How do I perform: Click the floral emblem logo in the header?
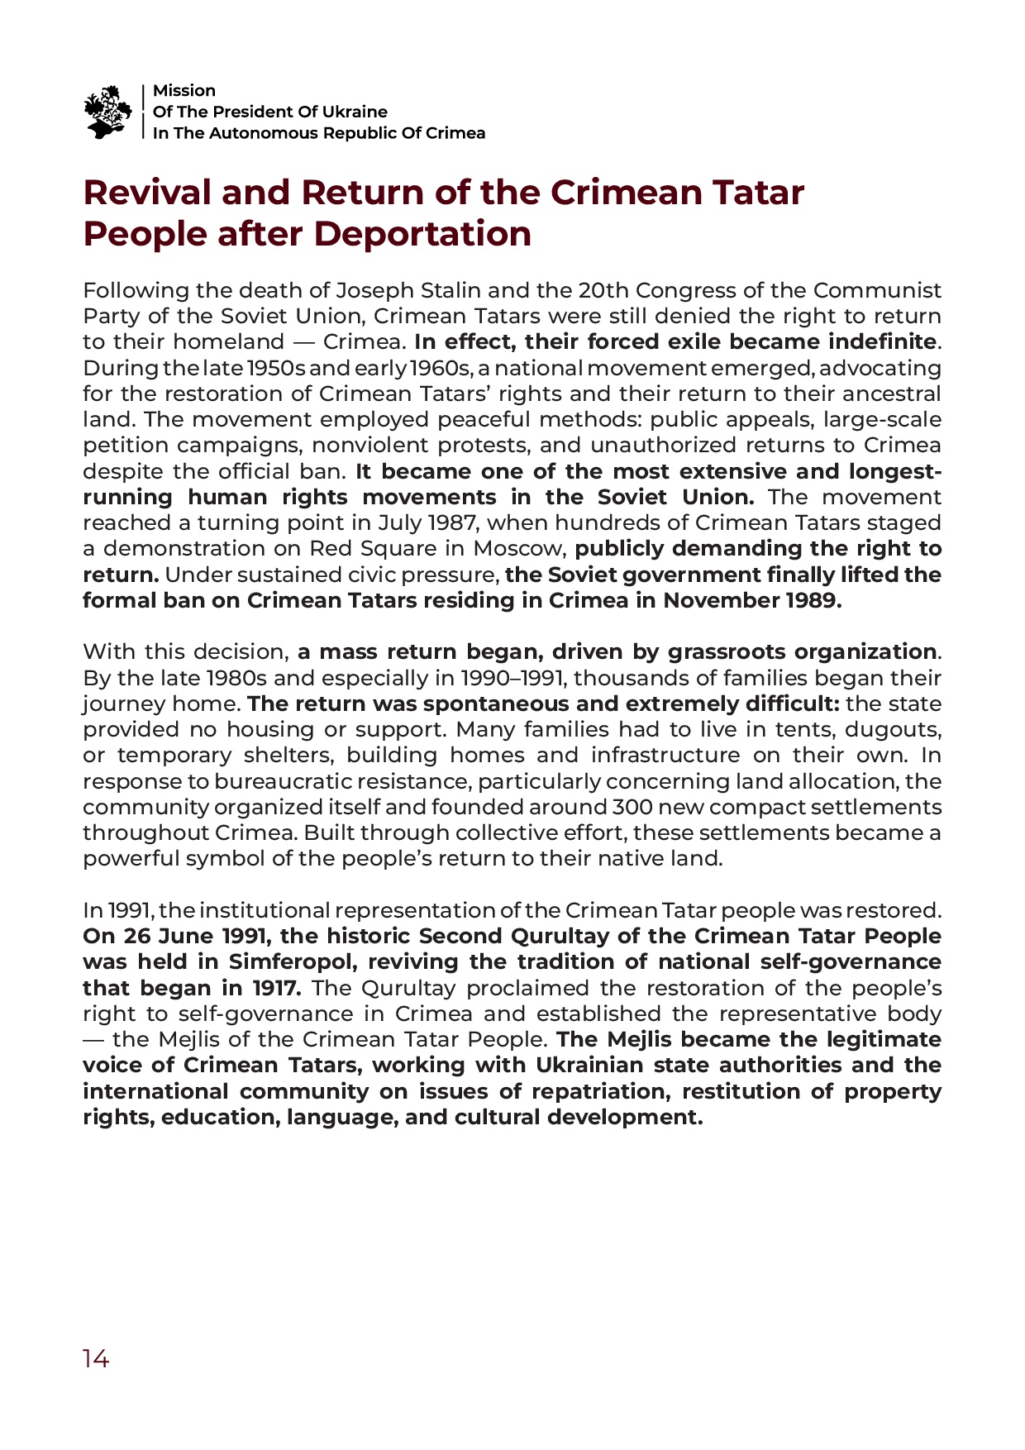tap(107, 112)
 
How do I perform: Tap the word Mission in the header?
tap(184, 91)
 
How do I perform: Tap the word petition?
tap(122, 446)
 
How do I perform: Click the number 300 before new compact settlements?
tap(633, 808)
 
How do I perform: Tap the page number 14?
tap(95, 1359)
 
